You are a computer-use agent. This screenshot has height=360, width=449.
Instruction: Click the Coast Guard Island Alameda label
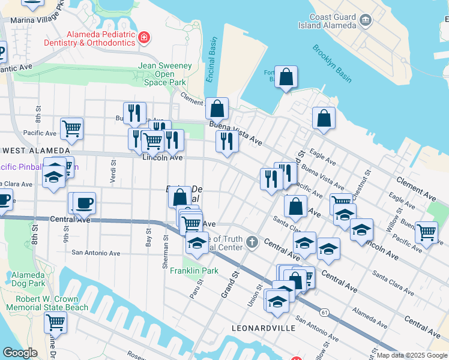[x=328, y=21]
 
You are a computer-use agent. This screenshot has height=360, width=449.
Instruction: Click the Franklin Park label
[x=194, y=271]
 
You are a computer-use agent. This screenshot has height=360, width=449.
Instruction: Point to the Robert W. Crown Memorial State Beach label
[x=47, y=303]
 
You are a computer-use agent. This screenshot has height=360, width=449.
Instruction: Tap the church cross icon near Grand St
[x=252, y=243]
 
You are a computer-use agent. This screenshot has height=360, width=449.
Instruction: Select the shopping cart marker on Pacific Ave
[x=71, y=127]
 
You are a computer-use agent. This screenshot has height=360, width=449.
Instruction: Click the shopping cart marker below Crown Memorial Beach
[x=55, y=322]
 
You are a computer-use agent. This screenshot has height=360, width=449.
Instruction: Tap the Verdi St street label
[x=112, y=170]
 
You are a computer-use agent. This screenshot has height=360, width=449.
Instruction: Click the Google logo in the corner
[x=20, y=353]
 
